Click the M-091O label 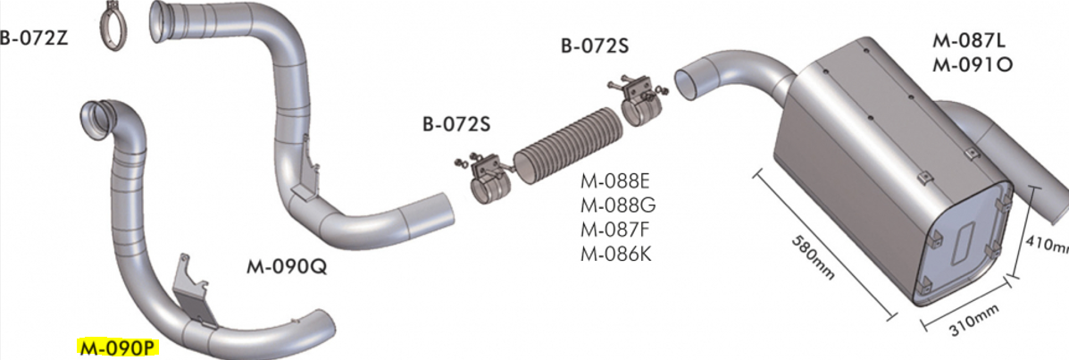pyautogui.click(x=972, y=64)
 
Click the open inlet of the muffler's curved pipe pyautogui.click(x=691, y=80)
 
